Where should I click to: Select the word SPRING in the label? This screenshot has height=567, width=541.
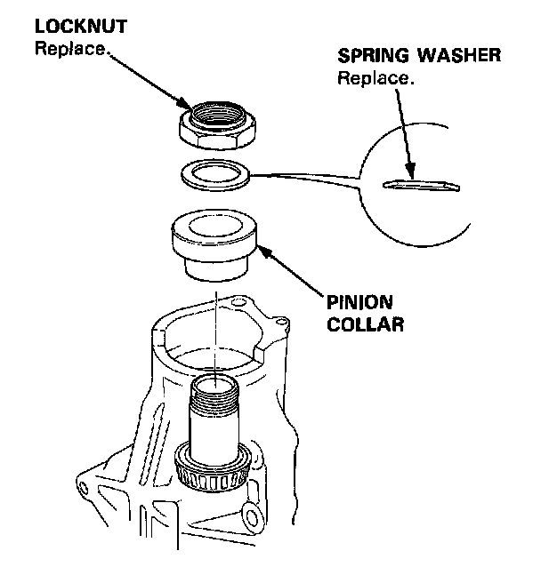click(x=368, y=56)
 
